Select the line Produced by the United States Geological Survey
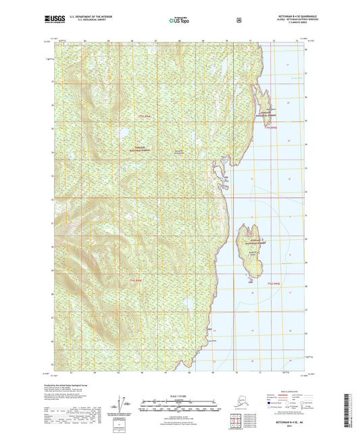(75, 386)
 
